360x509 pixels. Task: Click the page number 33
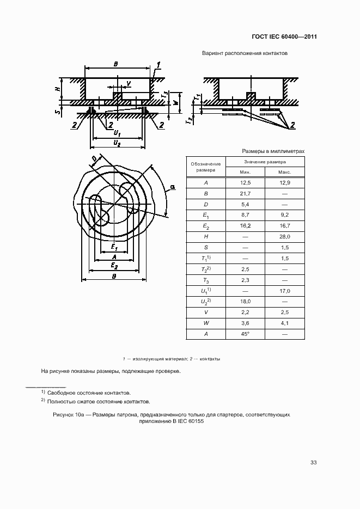(x=313, y=463)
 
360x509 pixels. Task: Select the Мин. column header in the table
(x=245, y=172)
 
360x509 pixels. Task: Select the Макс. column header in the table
(x=284, y=172)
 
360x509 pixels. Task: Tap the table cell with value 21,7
(x=245, y=194)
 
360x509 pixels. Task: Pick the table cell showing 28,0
(x=284, y=237)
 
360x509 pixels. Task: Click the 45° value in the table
(x=245, y=334)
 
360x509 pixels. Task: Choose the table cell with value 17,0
(x=284, y=291)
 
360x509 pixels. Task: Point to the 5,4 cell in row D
(x=245, y=204)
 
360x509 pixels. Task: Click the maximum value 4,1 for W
(x=284, y=323)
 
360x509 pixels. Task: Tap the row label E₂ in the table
(x=206, y=226)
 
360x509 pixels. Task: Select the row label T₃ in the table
(x=206, y=280)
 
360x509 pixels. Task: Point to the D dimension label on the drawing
(x=94, y=159)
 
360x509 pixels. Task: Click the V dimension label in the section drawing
(x=128, y=83)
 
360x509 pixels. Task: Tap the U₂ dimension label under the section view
(x=117, y=142)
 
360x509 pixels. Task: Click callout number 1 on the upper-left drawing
(x=158, y=66)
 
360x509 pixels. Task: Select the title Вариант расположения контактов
(x=245, y=54)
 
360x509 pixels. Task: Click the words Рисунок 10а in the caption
(x=69, y=415)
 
